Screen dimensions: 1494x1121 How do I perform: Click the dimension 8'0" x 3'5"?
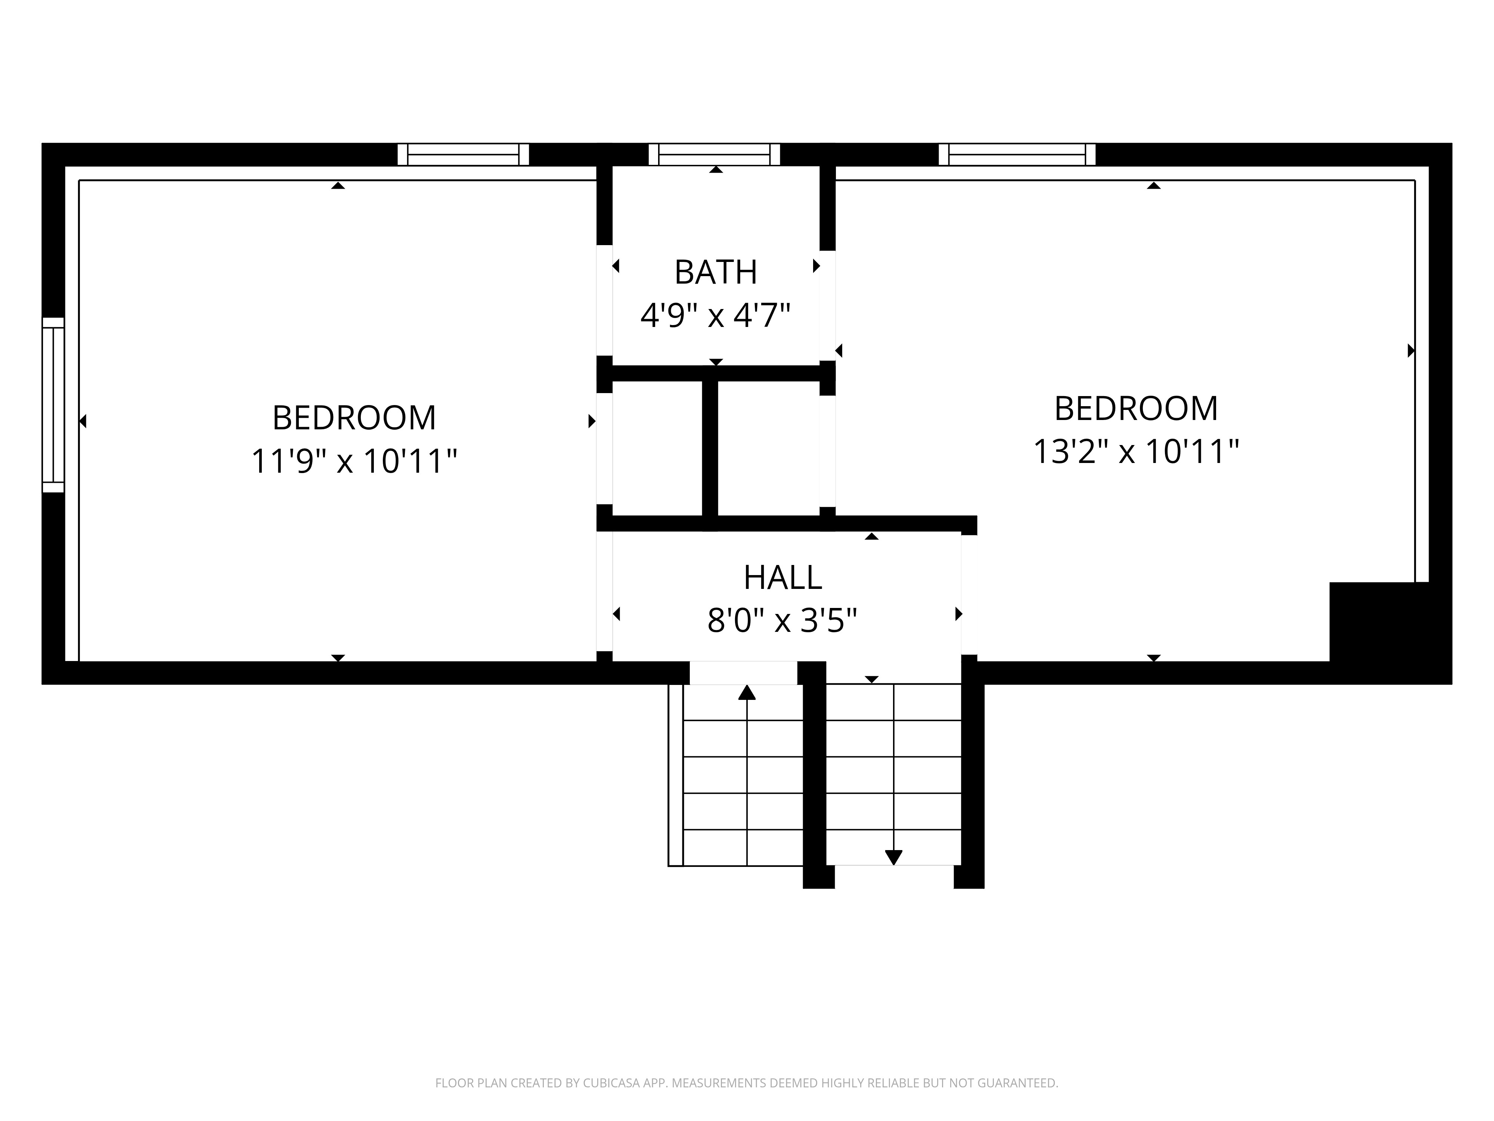tap(782, 620)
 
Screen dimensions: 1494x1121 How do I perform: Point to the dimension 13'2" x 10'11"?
tap(1136, 451)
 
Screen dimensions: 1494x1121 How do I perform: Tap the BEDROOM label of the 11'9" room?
tap(354, 418)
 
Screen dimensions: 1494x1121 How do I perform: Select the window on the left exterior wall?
tap(53, 405)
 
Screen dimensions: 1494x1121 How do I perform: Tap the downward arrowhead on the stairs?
tap(893, 858)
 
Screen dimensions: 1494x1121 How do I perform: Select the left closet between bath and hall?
tap(657, 449)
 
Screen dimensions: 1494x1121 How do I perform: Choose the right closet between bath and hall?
tap(769, 449)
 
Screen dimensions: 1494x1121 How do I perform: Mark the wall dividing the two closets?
tap(710, 449)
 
